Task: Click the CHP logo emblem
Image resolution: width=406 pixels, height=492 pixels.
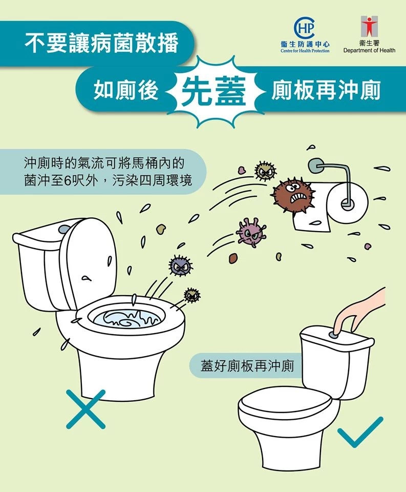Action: pyautogui.click(x=305, y=28)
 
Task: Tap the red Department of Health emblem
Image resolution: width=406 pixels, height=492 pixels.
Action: pyautogui.click(x=369, y=26)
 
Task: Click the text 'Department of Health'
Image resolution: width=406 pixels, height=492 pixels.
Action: pyautogui.click(x=369, y=50)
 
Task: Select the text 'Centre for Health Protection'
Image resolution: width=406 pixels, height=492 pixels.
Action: pyautogui.click(x=305, y=51)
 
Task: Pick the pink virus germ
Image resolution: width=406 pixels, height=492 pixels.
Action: pyautogui.click(x=251, y=232)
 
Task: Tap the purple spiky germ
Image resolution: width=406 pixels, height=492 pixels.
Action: pyautogui.click(x=180, y=265)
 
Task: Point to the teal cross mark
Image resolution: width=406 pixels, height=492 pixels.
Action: pyautogui.click(x=86, y=409)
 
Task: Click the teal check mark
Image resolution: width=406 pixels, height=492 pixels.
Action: pyautogui.click(x=360, y=432)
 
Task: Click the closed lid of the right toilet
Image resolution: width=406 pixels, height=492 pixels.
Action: pyautogui.click(x=284, y=404)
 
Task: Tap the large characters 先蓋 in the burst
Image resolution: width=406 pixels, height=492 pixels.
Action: pyautogui.click(x=214, y=91)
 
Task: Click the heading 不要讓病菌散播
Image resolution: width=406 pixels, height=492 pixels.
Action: pyautogui.click(x=101, y=43)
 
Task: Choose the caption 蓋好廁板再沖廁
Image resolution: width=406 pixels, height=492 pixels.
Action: pyautogui.click(x=247, y=366)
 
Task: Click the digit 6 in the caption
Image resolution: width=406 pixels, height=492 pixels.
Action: pyautogui.click(x=68, y=181)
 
